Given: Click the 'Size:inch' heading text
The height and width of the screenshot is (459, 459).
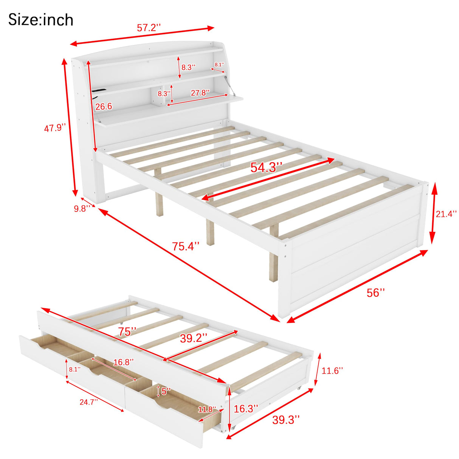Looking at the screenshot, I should click(41, 20).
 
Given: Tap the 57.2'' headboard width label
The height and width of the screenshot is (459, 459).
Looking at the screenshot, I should click(149, 28).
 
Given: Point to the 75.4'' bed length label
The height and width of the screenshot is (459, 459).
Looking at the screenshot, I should click(186, 246).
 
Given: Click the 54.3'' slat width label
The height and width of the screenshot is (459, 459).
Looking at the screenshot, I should click(267, 167).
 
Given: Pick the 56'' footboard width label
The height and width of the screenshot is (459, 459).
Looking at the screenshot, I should click(375, 292).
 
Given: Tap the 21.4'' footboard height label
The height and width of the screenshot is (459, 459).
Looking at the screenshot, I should click(446, 214).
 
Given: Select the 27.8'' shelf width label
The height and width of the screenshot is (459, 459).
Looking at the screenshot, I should click(200, 93).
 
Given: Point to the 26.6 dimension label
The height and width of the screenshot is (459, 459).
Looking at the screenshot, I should click(104, 107).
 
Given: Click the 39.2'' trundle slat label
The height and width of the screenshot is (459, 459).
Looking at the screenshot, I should click(193, 338).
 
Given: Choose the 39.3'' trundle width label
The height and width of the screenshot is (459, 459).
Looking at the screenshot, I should click(286, 419).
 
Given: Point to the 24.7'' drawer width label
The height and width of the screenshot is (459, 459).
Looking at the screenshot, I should click(88, 402).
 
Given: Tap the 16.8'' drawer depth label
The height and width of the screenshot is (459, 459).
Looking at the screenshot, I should click(123, 362).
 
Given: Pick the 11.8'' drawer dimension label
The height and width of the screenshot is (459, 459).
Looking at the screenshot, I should click(207, 409).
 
